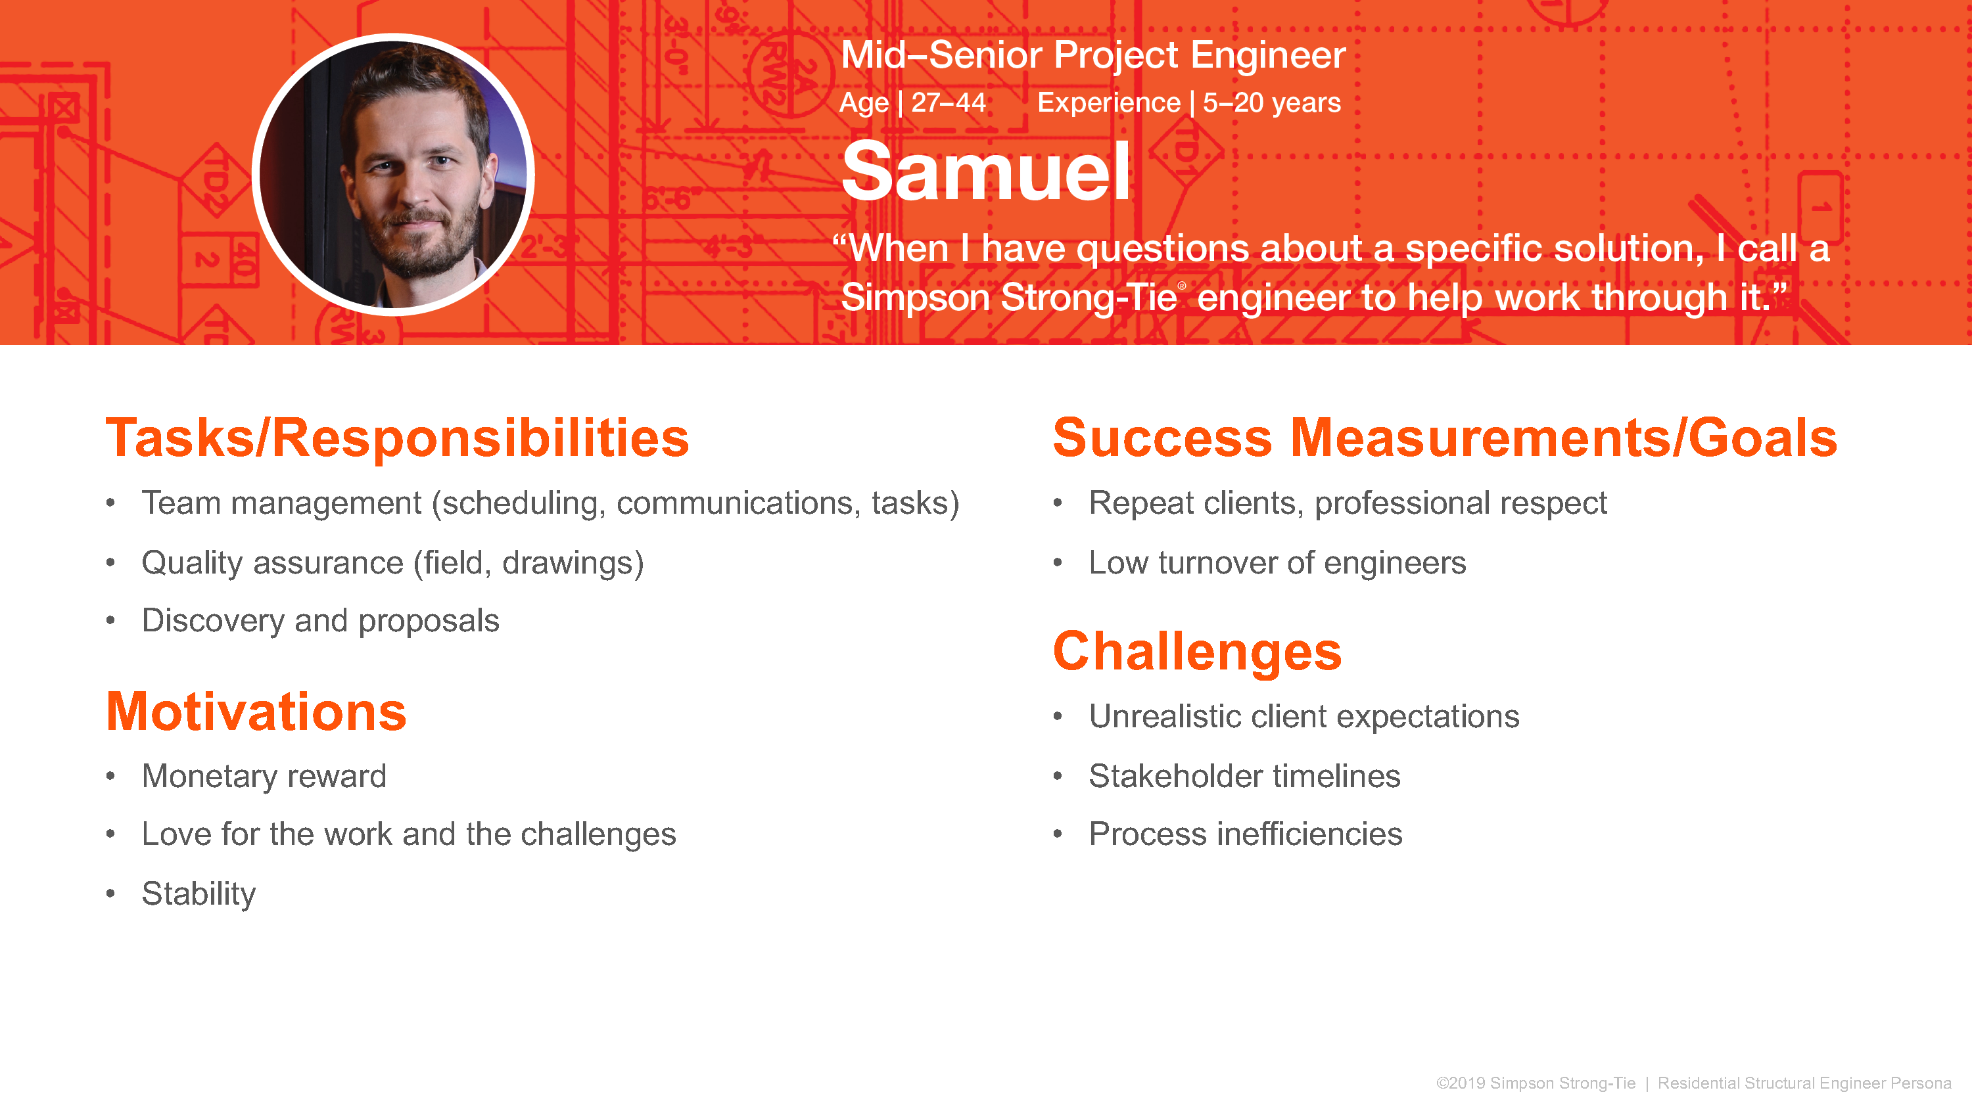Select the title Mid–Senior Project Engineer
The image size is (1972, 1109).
[x=1093, y=55]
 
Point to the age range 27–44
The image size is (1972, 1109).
[x=949, y=102]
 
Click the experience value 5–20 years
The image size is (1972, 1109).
[x=1271, y=102]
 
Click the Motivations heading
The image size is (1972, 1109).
[x=256, y=712]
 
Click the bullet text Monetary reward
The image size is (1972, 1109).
[x=264, y=776]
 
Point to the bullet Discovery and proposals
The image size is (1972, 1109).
[x=321, y=621]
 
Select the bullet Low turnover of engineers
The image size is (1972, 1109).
[x=1278, y=562]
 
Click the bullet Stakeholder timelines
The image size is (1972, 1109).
[x=1245, y=776]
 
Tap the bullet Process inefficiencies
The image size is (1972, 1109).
[x=1246, y=834]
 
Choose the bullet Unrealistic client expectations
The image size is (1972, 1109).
[x=1304, y=716]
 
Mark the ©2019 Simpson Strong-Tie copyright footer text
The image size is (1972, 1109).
[x=1536, y=1083]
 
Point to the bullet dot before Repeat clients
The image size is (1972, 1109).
[x=1058, y=503]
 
